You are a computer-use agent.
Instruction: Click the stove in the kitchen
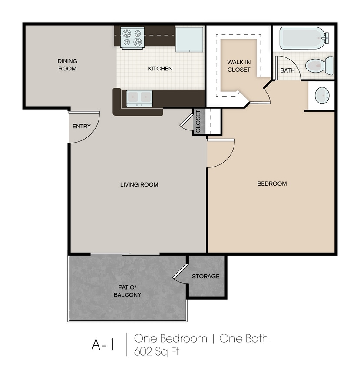[132, 38]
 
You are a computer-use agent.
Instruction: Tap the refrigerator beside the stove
[189, 39]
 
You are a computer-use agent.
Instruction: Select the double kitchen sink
[139, 99]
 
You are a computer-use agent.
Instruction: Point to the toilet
[319, 66]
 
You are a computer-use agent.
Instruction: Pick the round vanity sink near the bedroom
[322, 95]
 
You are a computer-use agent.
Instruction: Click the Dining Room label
[67, 65]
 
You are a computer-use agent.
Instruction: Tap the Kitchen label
[160, 69]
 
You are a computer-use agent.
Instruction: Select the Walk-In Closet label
[239, 66]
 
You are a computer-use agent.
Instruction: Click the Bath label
[287, 70]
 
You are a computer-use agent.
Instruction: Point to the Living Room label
[139, 184]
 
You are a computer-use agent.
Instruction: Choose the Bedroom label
[272, 183]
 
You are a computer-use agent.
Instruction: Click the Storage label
[206, 276]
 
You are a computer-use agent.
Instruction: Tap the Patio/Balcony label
[127, 291]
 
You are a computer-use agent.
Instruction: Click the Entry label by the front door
[81, 127]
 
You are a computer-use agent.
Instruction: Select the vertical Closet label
[198, 121]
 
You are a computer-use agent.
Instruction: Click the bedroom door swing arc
[227, 159]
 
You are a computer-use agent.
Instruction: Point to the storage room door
[180, 271]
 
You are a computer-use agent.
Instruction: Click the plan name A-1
[103, 345]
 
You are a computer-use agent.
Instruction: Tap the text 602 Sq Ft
[157, 351]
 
